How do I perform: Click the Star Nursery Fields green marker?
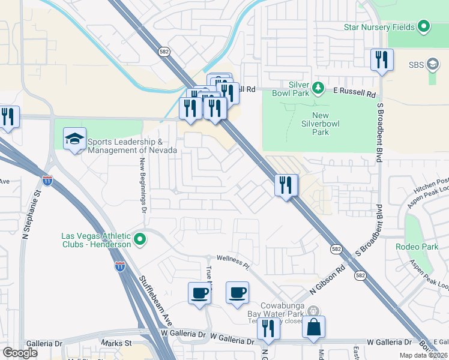click(424, 26)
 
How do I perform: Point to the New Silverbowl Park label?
click(328, 125)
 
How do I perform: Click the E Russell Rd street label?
click(355, 94)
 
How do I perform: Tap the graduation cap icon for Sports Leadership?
click(74, 139)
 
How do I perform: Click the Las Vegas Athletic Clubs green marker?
click(140, 240)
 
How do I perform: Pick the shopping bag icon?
click(313, 327)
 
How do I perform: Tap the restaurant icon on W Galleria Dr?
click(268, 328)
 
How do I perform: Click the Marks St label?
click(116, 343)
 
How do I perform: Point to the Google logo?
click(20, 353)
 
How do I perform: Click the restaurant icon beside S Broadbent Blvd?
click(382, 60)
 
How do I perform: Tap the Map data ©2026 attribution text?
click(422, 355)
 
